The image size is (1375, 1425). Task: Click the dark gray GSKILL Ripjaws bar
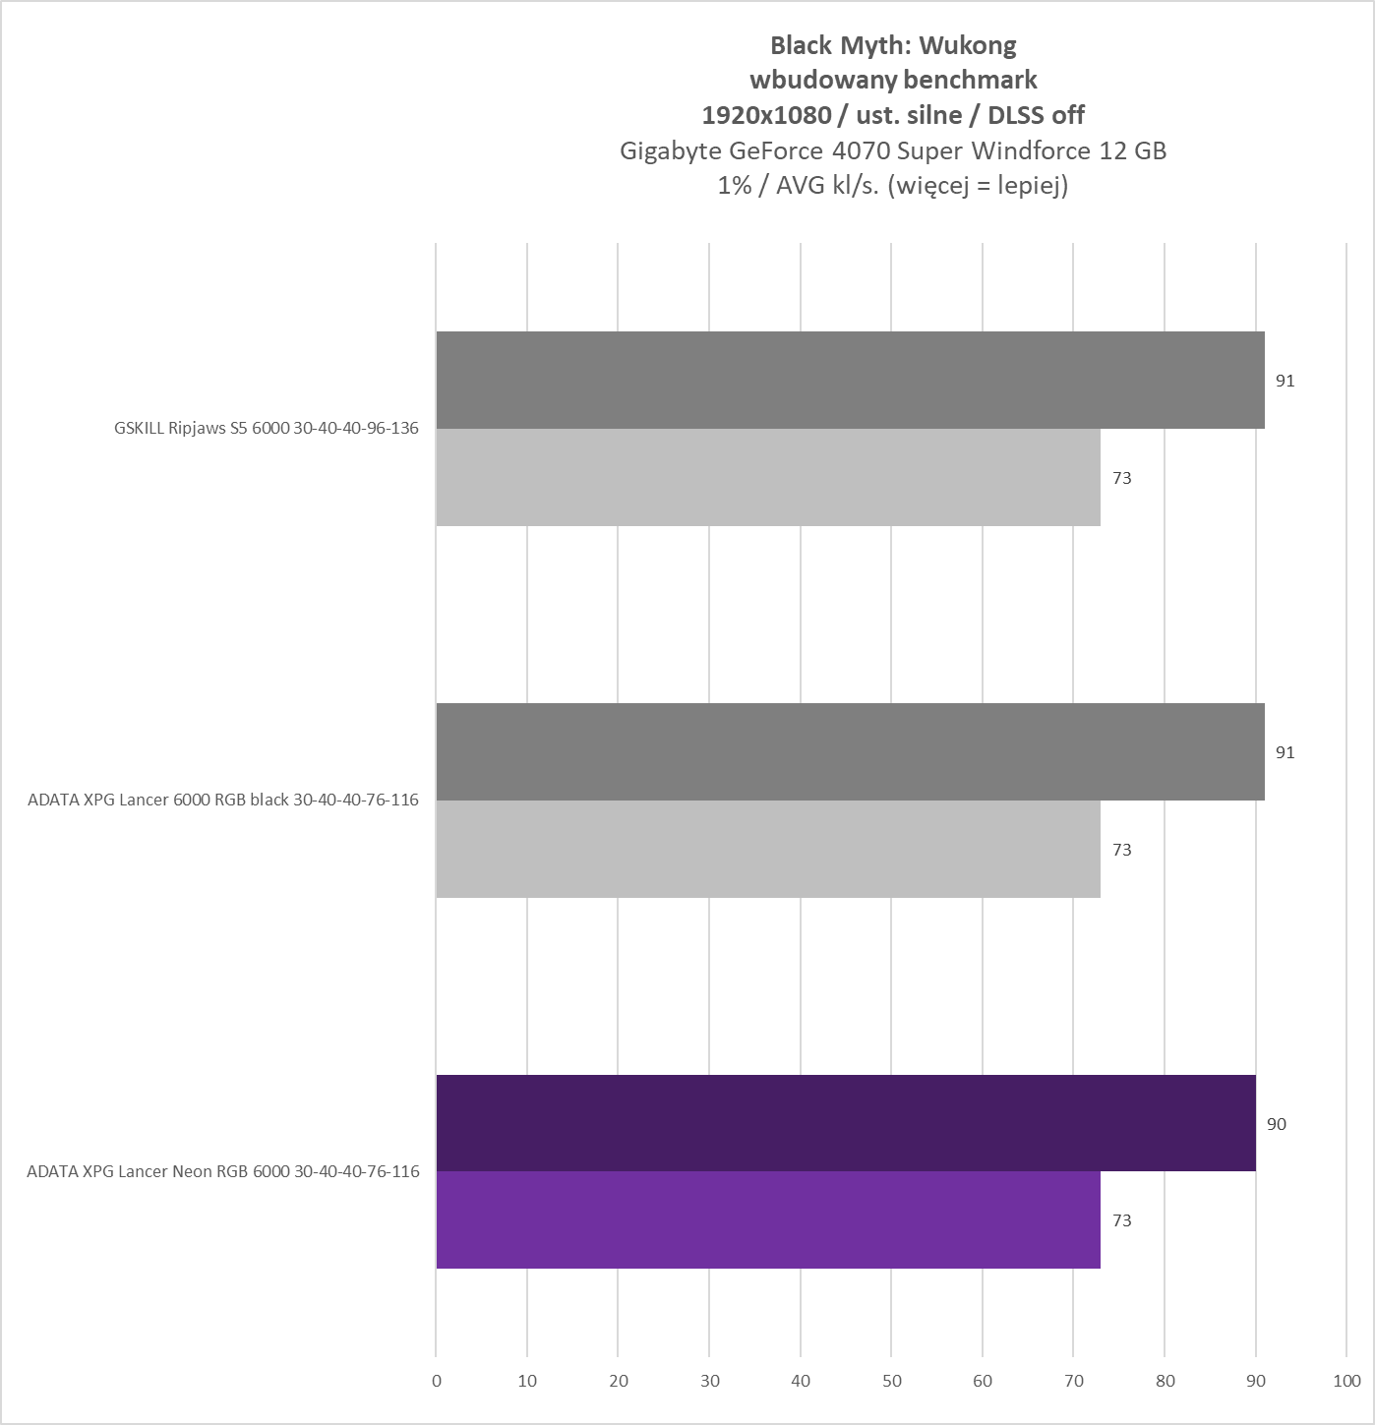pyautogui.click(x=850, y=380)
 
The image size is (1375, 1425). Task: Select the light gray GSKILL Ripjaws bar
pyautogui.click(x=767, y=477)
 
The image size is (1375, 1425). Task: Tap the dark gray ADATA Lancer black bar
pyautogui.click(x=850, y=751)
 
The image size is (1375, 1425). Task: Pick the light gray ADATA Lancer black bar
pyautogui.click(x=767, y=849)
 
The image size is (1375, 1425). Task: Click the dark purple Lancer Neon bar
pyautogui.click(x=846, y=1123)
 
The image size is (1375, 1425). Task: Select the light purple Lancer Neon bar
pyautogui.click(x=767, y=1219)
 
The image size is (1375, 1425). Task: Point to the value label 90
pyautogui.click(x=1276, y=1124)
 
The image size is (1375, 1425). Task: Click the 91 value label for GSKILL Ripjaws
pyautogui.click(x=1285, y=381)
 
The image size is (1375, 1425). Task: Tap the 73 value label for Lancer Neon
pyautogui.click(x=1121, y=1220)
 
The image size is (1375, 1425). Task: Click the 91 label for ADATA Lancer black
pyautogui.click(x=1285, y=752)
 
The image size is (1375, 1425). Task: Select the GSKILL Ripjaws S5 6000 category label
pyautogui.click(x=266, y=428)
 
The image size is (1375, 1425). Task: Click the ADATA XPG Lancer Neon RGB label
pyautogui.click(x=223, y=1171)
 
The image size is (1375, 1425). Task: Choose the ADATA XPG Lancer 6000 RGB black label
pyautogui.click(x=223, y=800)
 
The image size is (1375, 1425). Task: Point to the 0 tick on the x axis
pyautogui.click(x=437, y=1381)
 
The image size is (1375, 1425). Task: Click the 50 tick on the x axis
pyautogui.click(x=891, y=1381)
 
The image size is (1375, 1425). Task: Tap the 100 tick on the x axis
pyautogui.click(x=1346, y=1381)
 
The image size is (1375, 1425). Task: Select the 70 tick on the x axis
pyautogui.click(x=1073, y=1381)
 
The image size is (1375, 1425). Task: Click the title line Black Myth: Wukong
pyautogui.click(x=893, y=45)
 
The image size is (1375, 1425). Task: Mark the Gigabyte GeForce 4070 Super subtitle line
pyautogui.click(x=893, y=150)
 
